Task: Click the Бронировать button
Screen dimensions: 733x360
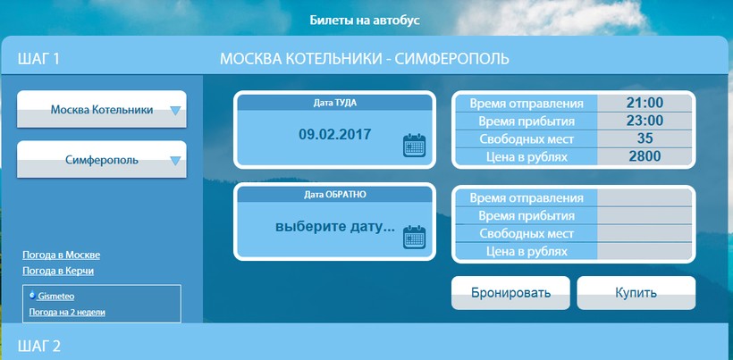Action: pyautogui.click(x=510, y=293)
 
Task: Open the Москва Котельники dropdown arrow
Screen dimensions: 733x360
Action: pyautogui.click(x=175, y=111)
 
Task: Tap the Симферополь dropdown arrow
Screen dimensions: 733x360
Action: pyautogui.click(x=175, y=161)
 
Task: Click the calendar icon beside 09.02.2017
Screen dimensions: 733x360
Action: pyautogui.click(x=414, y=146)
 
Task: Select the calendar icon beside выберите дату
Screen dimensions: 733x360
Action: pyautogui.click(x=414, y=237)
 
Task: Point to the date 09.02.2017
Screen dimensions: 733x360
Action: pyautogui.click(x=334, y=135)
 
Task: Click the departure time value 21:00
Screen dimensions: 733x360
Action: pyautogui.click(x=645, y=104)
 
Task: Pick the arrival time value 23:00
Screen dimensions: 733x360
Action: pyautogui.click(x=645, y=121)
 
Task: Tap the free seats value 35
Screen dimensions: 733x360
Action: pyautogui.click(x=645, y=138)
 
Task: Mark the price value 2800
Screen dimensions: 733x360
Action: pyautogui.click(x=645, y=156)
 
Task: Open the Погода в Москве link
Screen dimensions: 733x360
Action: pyautogui.click(x=62, y=255)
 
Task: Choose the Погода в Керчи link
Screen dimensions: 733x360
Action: pyautogui.click(x=58, y=272)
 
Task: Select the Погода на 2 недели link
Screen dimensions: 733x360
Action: pyautogui.click(x=67, y=312)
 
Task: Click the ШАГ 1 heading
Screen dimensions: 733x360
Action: pyautogui.click(x=38, y=59)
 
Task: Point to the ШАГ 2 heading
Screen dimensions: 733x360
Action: pyautogui.click(x=39, y=346)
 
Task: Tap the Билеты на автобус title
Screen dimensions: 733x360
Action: pyautogui.click(x=365, y=21)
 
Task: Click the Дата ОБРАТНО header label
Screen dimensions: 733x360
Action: pyautogui.click(x=334, y=195)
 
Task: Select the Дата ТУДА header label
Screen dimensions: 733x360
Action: pyautogui.click(x=334, y=103)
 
